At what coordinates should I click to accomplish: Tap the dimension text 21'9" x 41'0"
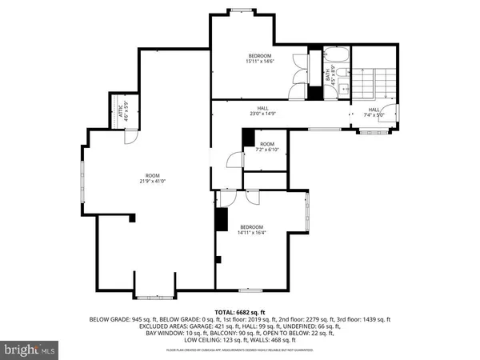(152, 181)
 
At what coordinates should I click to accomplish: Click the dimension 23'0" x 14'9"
(262, 114)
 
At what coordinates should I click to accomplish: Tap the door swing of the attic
(126, 138)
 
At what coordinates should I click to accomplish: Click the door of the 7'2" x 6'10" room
(234, 160)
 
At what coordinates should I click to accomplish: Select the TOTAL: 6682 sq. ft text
(240, 310)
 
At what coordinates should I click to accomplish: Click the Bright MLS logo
(30, 349)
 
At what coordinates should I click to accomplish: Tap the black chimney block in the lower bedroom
(221, 220)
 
